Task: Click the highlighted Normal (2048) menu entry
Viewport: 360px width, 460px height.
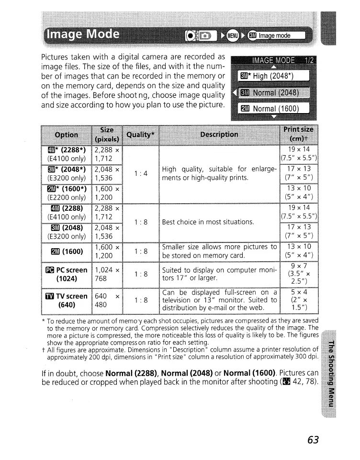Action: [270, 92]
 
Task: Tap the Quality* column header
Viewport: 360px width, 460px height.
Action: [140, 135]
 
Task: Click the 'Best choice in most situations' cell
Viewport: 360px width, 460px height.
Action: [207, 222]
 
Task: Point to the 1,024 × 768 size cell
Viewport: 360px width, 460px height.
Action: [107, 273]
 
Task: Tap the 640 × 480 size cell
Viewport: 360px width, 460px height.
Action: [107, 300]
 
